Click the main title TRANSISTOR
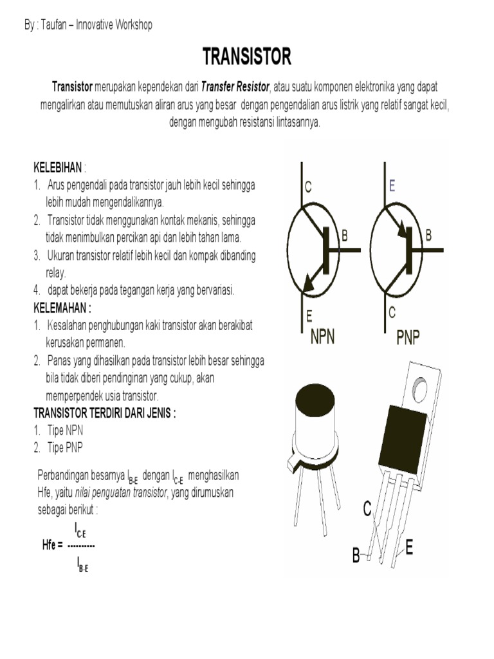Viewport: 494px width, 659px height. [x=247, y=57]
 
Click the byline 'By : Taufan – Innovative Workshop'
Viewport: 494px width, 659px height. [x=88, y=24]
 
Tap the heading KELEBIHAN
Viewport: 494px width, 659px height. [x=57, y=168]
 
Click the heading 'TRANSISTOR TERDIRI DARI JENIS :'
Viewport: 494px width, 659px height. [x=104, y=413]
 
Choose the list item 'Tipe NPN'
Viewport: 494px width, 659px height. [x=65, y=431]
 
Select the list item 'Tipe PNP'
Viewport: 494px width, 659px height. [x=65, y=448]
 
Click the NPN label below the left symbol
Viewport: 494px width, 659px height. [x=322, y=337]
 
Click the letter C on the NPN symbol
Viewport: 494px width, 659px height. [x=308, y=187]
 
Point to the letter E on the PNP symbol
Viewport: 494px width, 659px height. [x=392, y=186]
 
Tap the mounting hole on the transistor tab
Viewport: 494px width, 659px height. [x=421, y=388]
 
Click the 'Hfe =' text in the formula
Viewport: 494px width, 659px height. [x=52, y=546]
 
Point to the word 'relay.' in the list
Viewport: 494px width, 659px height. [x=56, y=272]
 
